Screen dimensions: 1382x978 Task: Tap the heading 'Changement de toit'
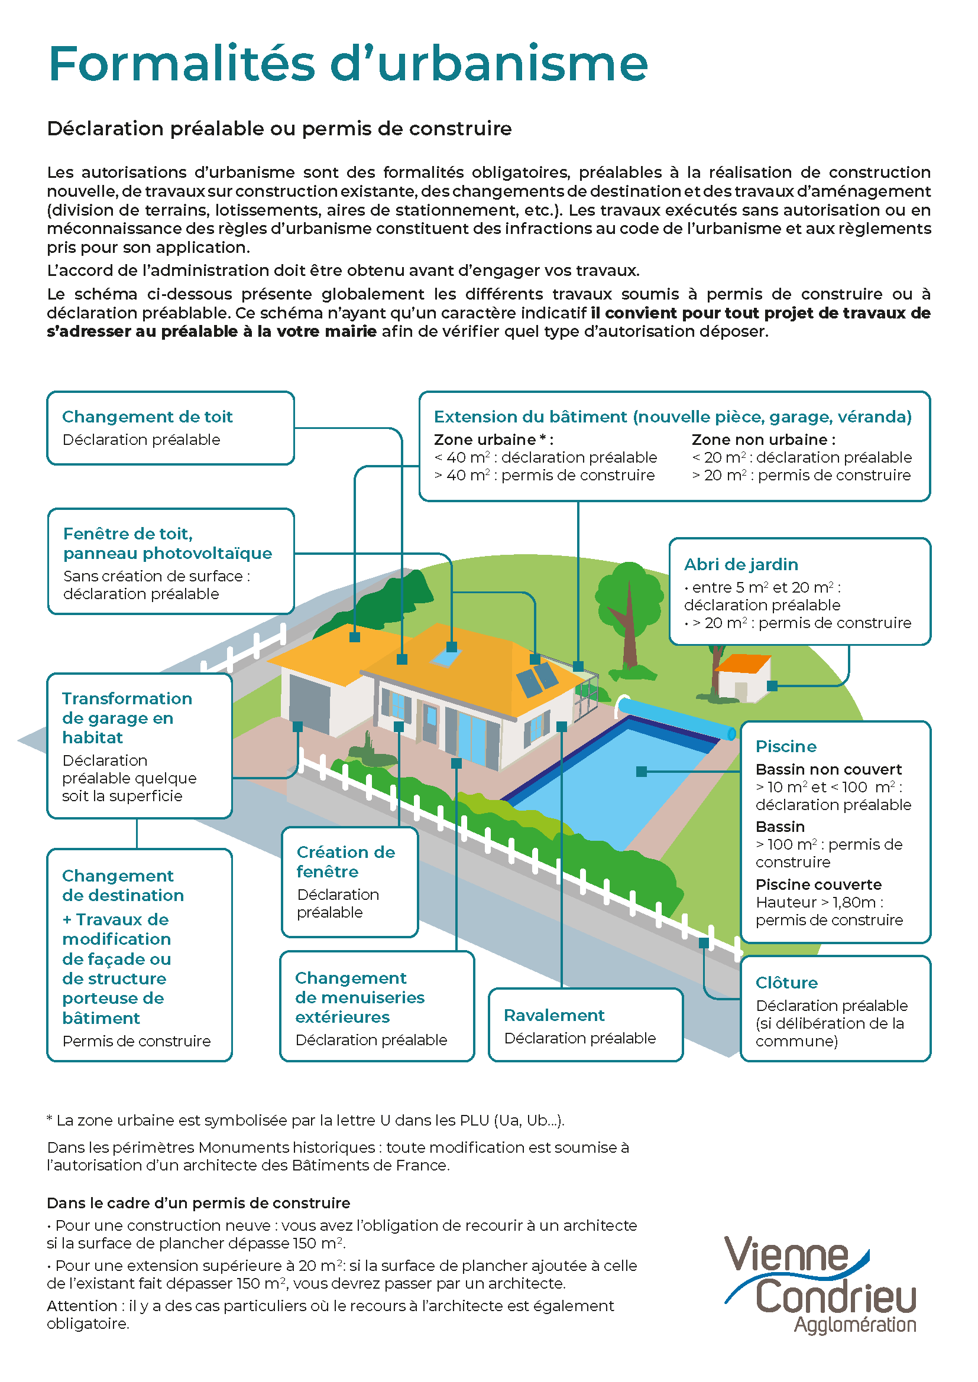coord(147,417)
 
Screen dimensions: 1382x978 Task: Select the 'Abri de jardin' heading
coord(741,564)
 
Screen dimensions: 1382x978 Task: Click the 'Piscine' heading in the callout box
coord(786,746)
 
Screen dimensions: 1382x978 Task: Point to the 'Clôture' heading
coord(786,983)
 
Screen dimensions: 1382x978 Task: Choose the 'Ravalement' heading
coord(554,1015)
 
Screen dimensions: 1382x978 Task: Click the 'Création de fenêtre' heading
coord(346,861)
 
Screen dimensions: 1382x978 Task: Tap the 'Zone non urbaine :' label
coord(763,440)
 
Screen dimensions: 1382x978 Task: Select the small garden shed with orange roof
coord(742,677)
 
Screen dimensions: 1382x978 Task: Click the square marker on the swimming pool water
coord(642,772)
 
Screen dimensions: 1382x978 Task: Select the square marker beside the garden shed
coord(772,685)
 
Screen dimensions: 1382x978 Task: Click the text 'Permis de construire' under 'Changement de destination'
coord(137,1040)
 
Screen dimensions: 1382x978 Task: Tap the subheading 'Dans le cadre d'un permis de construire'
coord(198,1202)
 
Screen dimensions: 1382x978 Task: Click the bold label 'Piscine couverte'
coord(818,885)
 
